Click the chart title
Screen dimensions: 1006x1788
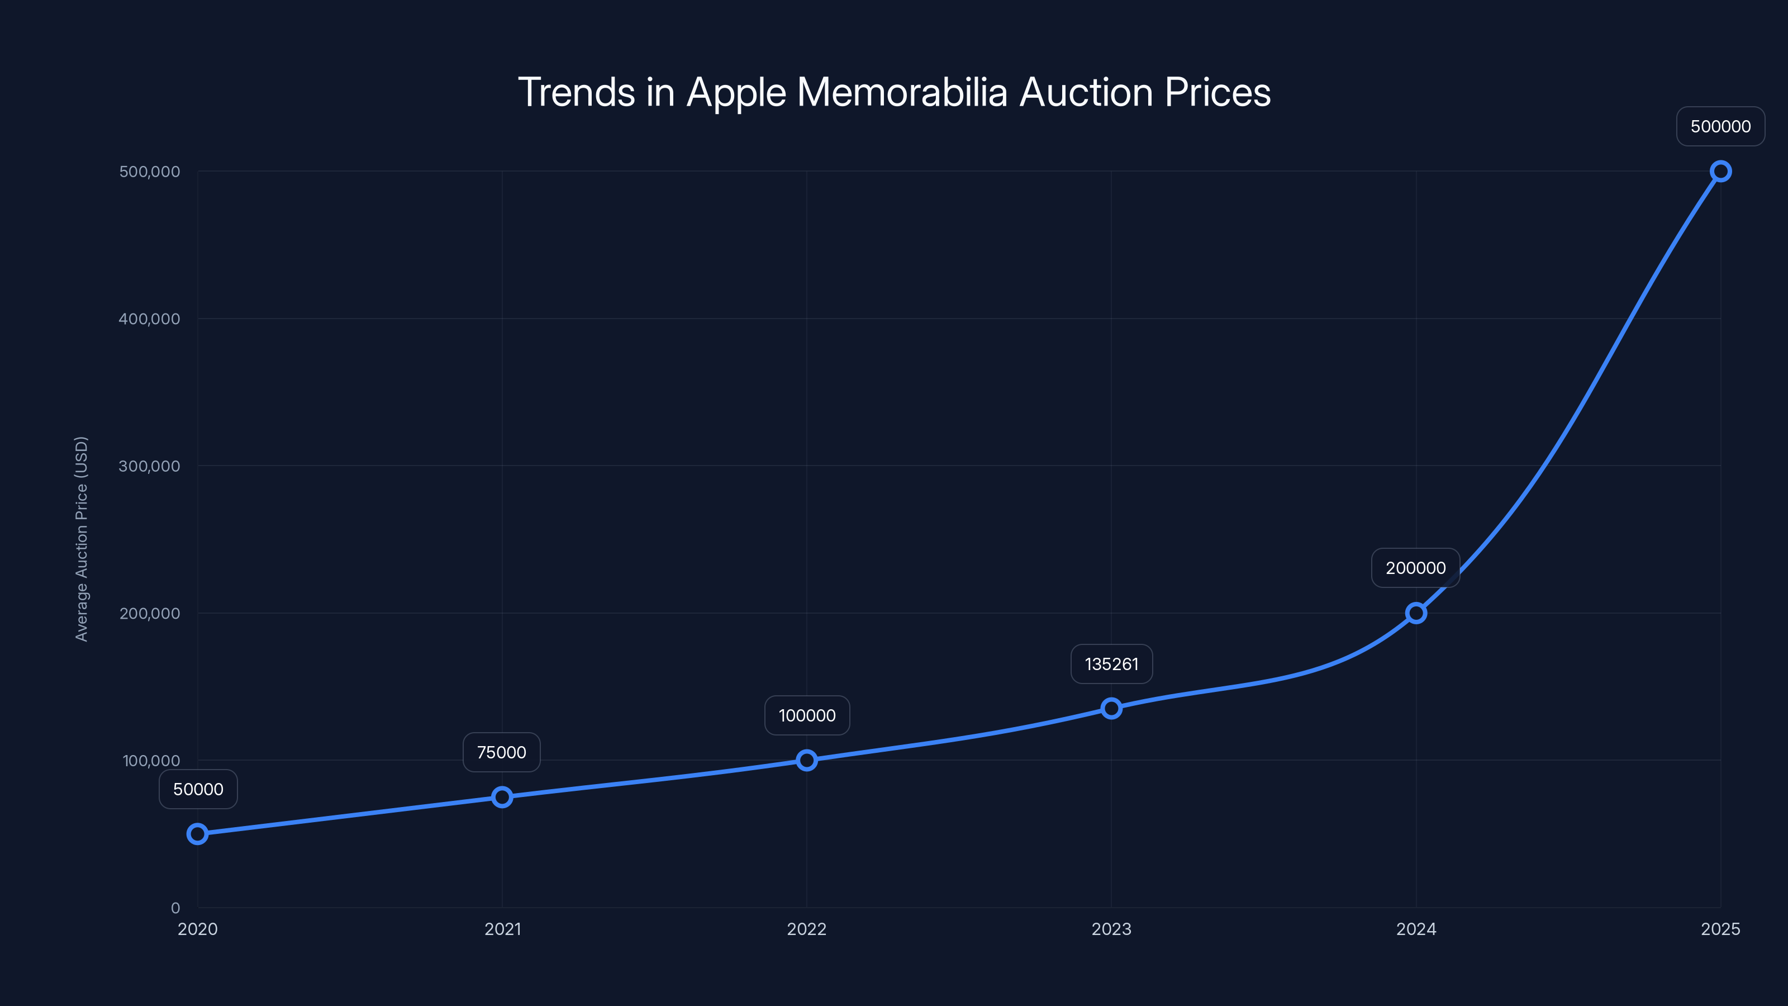[894, 92]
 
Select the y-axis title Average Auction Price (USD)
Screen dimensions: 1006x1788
[81, 539]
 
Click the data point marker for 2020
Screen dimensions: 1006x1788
[198, 834]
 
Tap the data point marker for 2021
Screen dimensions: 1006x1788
[502, 797]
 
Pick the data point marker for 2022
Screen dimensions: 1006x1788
[806, 760]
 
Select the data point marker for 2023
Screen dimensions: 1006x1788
[1111, 708]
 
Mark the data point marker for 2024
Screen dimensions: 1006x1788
[1416, 613]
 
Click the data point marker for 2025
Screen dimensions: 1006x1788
[1721, 172]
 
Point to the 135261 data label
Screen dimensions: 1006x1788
[1111, 665]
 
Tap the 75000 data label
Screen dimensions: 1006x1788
[501, 753]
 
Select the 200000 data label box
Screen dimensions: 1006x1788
[1415, 568]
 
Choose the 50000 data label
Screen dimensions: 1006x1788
[198, 789]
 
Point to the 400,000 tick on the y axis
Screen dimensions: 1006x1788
[149, 319]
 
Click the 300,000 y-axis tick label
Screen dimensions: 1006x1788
[149, 466]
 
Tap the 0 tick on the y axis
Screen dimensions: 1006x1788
[175, 908]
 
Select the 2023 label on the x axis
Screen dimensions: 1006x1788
[1111, 929]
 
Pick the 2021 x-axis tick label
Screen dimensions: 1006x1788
[502, 929]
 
